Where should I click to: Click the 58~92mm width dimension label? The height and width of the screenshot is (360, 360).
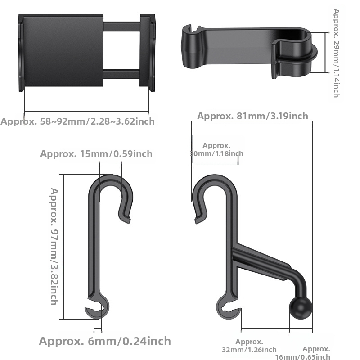(x=77, y=121)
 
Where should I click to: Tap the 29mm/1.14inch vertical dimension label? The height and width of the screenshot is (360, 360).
(x=336, y=53)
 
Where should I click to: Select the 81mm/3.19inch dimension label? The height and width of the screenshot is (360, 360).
(x=252, y=116)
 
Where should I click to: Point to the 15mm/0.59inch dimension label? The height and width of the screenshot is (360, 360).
(x=96, y=153)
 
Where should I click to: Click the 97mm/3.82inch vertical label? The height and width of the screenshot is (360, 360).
(x=54, y=246)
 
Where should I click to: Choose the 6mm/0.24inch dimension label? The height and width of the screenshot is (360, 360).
(x=105, y=341)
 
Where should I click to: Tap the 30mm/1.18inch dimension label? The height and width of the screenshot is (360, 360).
(x=216, y=149)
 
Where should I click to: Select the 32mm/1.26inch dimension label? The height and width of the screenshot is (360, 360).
(x=249, y=346)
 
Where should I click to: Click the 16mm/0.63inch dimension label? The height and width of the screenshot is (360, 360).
(x=303, y=353)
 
